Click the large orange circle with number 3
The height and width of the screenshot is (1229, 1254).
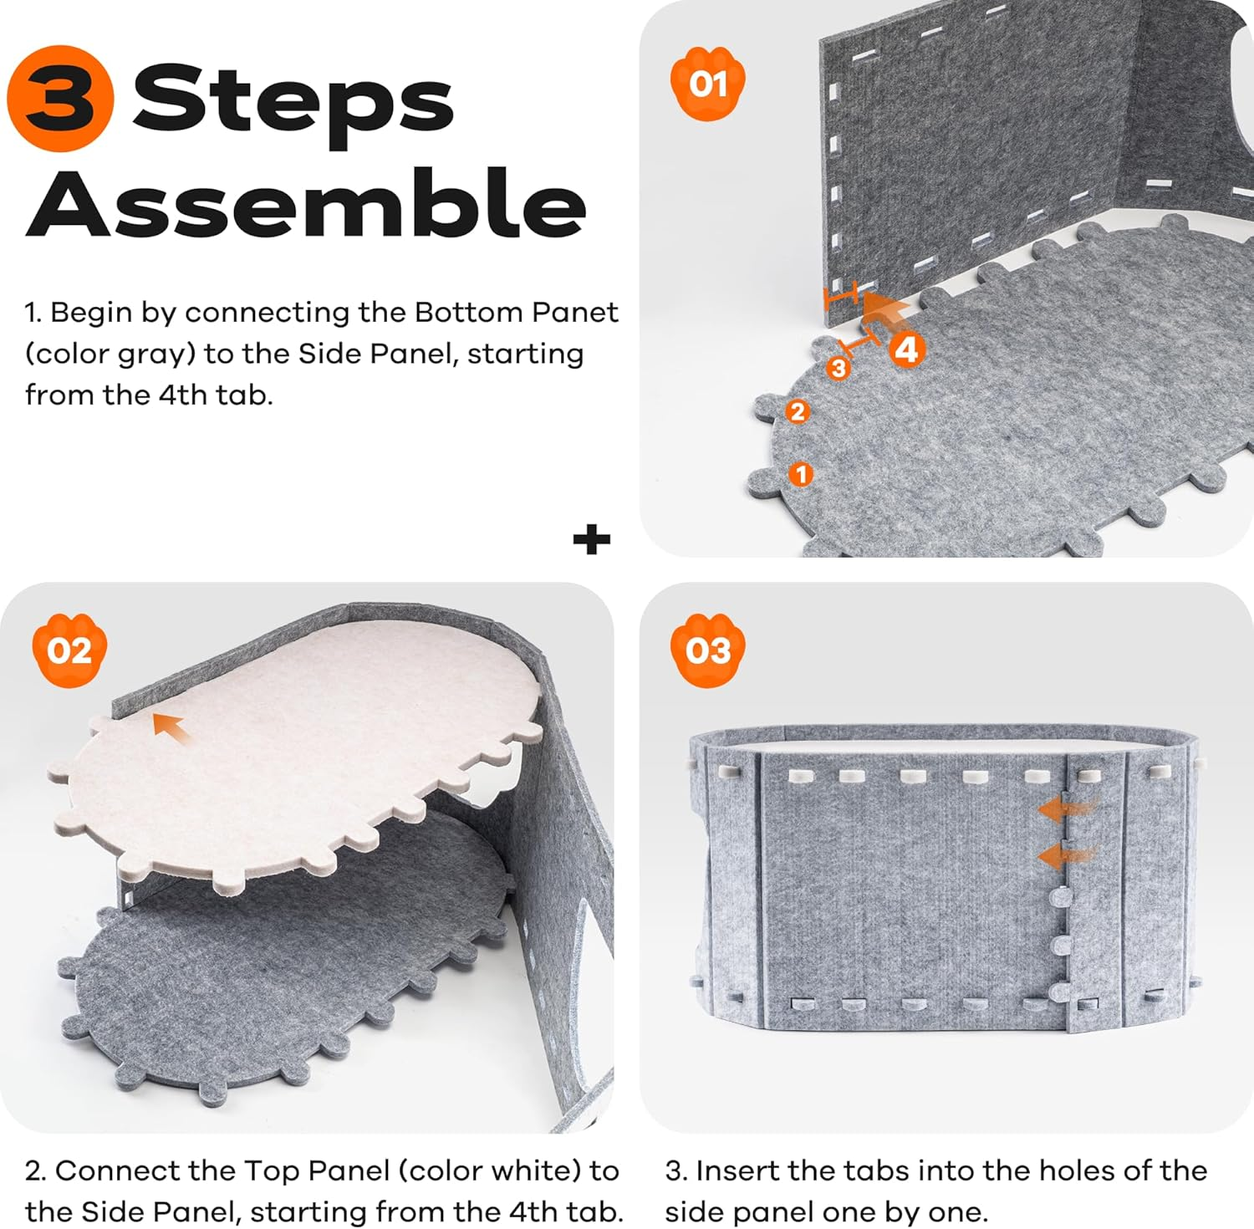60,98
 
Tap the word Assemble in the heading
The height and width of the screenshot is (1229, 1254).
306,202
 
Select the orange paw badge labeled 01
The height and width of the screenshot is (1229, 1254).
708,84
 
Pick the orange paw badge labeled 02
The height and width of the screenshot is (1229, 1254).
69,650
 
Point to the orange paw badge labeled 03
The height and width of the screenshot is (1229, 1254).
708,650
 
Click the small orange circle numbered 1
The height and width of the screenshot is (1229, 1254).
801,474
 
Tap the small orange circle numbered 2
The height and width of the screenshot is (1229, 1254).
798,411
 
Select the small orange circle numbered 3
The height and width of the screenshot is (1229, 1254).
838,368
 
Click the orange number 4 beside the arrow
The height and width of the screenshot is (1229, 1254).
906,349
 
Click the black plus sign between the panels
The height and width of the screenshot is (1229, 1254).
592,539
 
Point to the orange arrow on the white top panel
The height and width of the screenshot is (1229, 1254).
171,728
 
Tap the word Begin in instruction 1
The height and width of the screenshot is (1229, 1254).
91,314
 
